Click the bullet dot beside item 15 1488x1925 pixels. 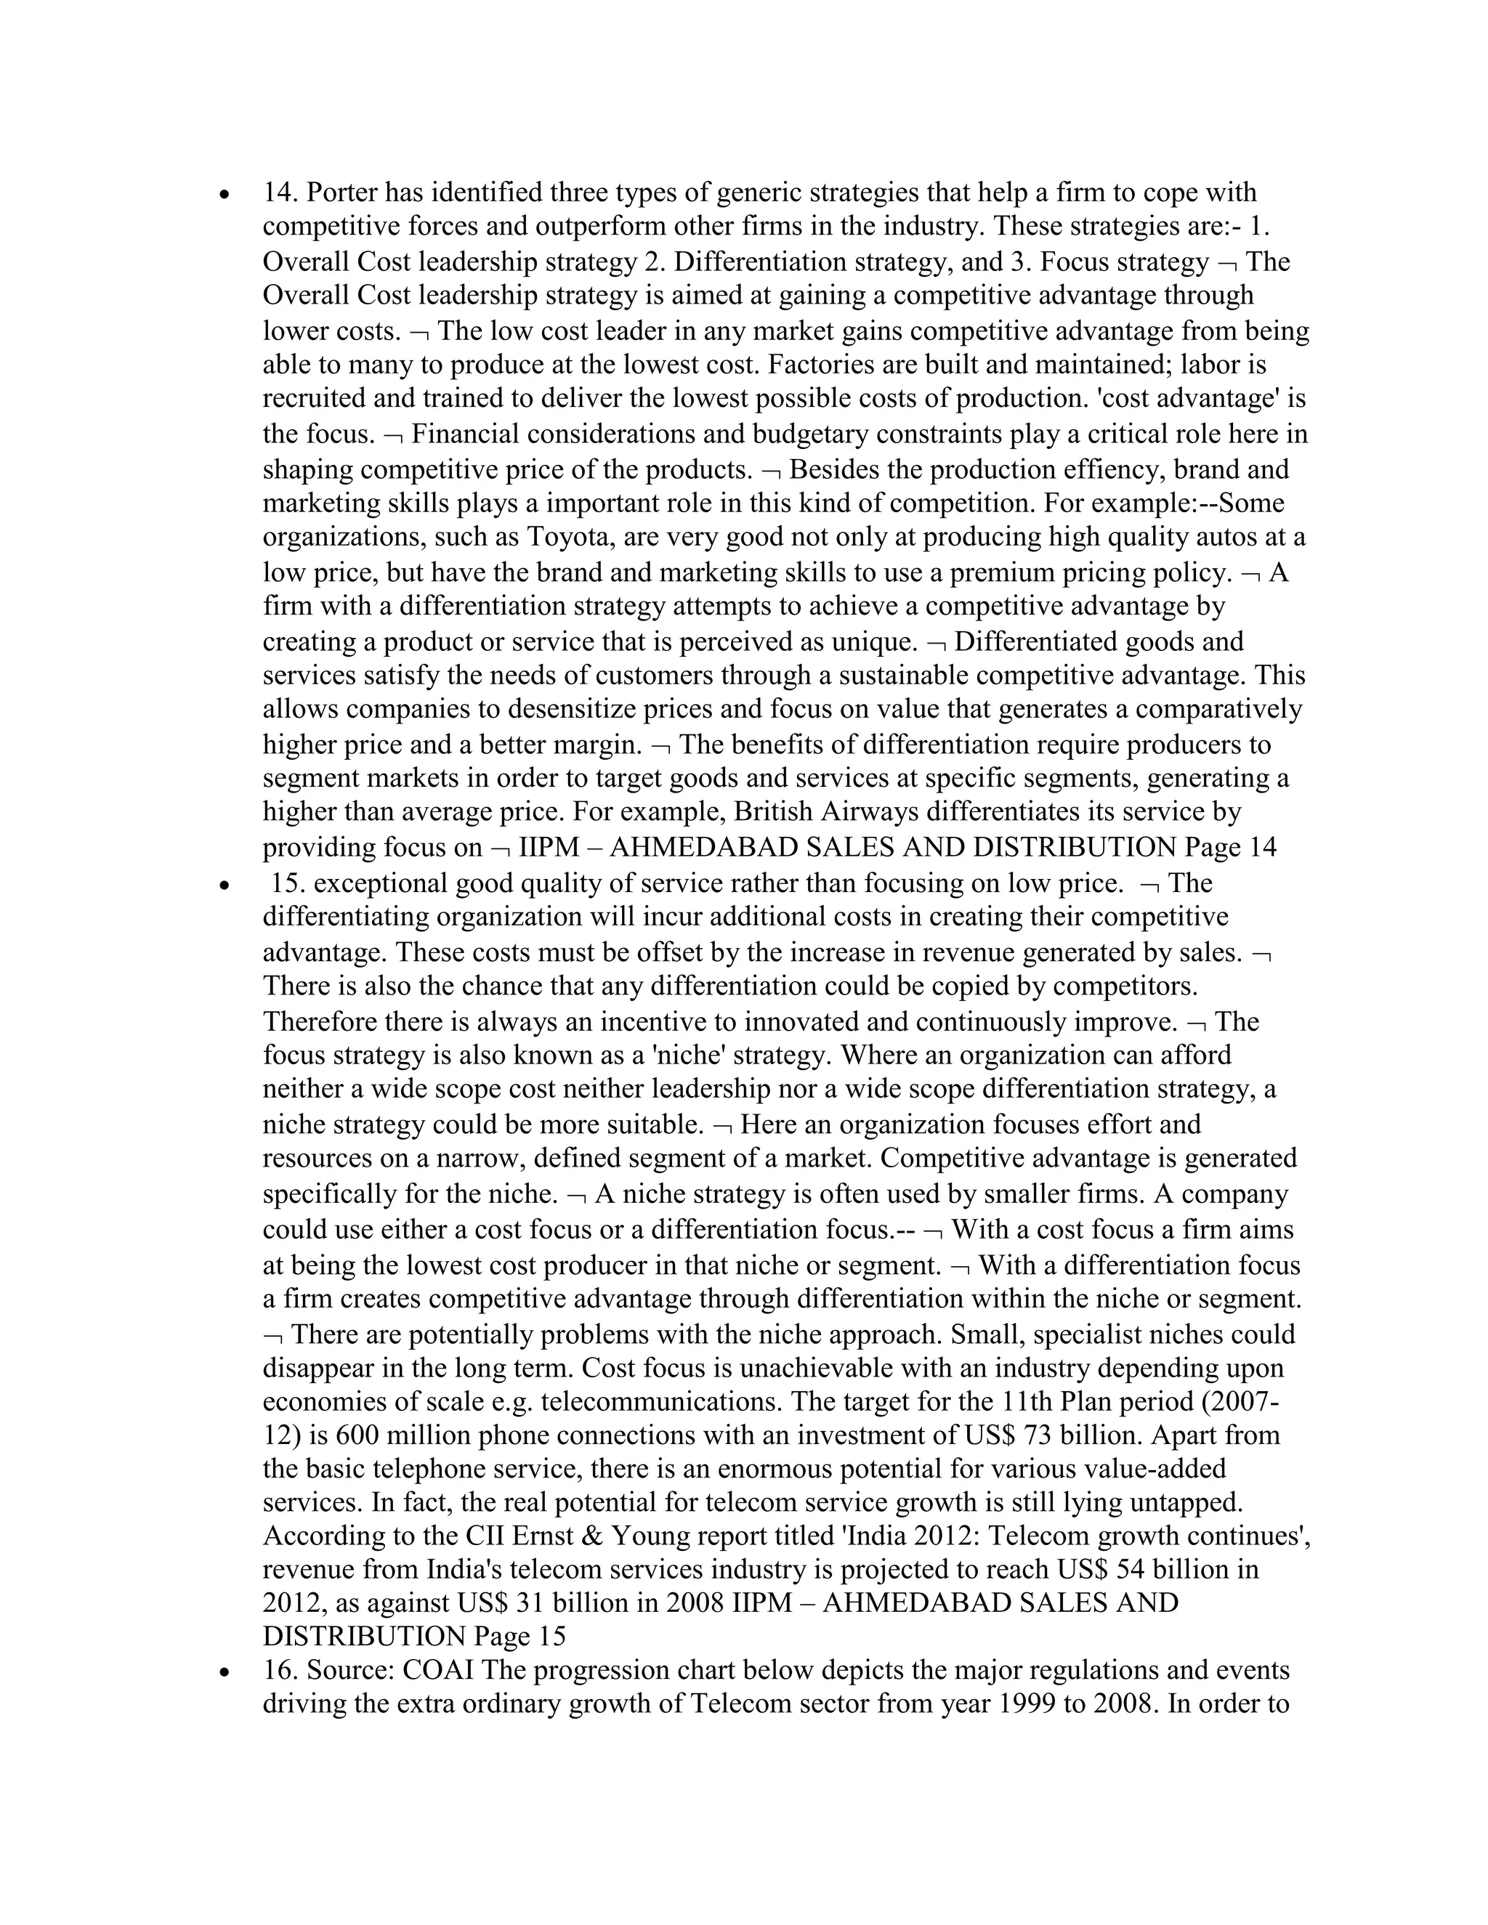[x=227, y=884]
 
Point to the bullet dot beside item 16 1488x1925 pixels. [x=227, y=1671]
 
